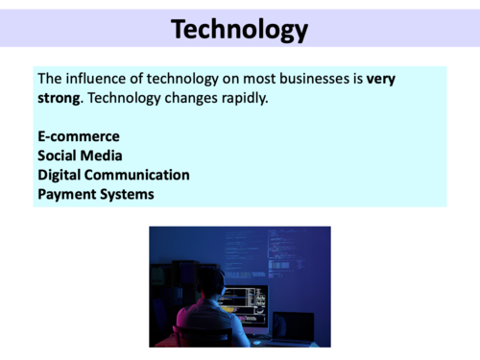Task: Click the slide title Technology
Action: click(240, 29)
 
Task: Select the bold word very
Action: click(380, 79)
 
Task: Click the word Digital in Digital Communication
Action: click(60, 175)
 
